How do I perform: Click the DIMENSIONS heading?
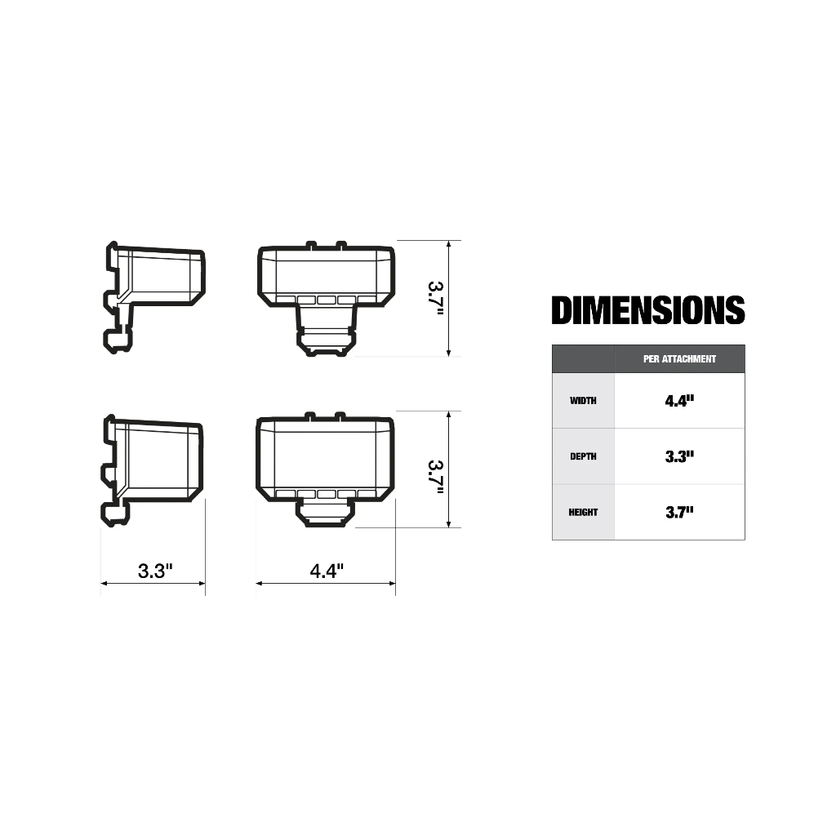click(647, 310)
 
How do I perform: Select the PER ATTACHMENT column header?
click(679, 359)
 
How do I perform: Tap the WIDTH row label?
click(583, 401)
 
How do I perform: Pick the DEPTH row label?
click(583, 456)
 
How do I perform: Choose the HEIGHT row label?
click(583, 513)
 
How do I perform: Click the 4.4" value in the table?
click(679, 401)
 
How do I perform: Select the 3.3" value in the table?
click(679, 456)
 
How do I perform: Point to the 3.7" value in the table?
click(679, 513)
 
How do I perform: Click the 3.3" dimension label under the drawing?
click(155, 571)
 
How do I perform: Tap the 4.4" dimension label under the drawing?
click(327, 571)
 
